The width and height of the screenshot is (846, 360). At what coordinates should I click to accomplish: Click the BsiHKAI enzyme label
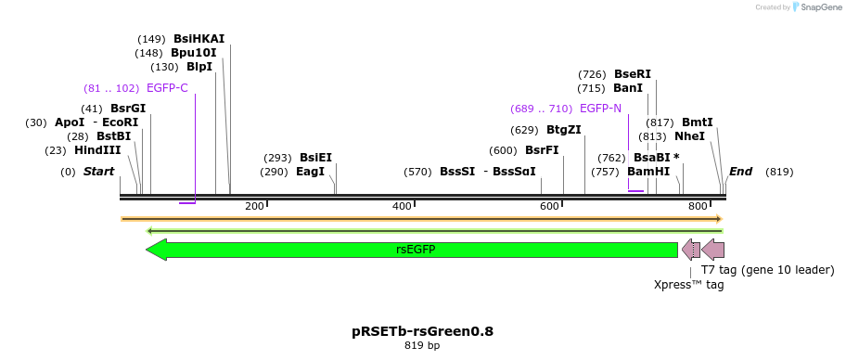[x=199, y=39]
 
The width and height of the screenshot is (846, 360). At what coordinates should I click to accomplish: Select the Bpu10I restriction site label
[x=193, y=53]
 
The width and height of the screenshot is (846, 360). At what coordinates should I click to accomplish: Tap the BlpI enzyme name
[x=199, y=67]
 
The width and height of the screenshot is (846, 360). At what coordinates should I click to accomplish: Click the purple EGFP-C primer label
[x=167, y=88]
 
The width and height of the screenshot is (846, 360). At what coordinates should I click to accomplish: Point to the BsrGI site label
[x=128, y=109]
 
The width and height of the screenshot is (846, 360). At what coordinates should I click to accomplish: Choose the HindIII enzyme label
[x=97, y=150]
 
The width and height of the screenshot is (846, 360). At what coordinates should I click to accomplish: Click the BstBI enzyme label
[x=113, y=136]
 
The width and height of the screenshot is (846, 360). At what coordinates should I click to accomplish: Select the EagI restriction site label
[x=310, y=172]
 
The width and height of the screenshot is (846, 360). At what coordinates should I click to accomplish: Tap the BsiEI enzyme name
[x=315, y=158]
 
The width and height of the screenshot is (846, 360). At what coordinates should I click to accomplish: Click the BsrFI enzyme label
[x=542, y=150]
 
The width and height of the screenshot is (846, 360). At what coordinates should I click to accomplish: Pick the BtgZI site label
[x=563, y=130]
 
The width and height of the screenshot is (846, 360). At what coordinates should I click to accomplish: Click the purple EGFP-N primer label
[x=600, y=109]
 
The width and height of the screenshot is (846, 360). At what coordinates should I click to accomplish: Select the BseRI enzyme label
[x=633, y=74]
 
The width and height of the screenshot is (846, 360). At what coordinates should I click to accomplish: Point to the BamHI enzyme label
[x=648, y=172]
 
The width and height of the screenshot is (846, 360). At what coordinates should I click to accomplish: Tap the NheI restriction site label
[x=689, y=136]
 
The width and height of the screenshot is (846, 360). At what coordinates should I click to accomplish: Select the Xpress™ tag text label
[x=688, y=285]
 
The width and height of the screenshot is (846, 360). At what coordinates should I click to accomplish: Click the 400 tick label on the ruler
[x=402, y=206]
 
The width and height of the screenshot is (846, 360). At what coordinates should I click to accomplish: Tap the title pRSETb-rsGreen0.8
[x=422, y=331]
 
